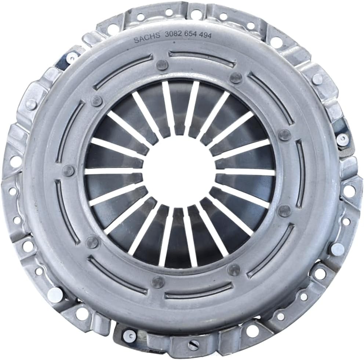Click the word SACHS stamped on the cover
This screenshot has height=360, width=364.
click(x=147, y=38)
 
